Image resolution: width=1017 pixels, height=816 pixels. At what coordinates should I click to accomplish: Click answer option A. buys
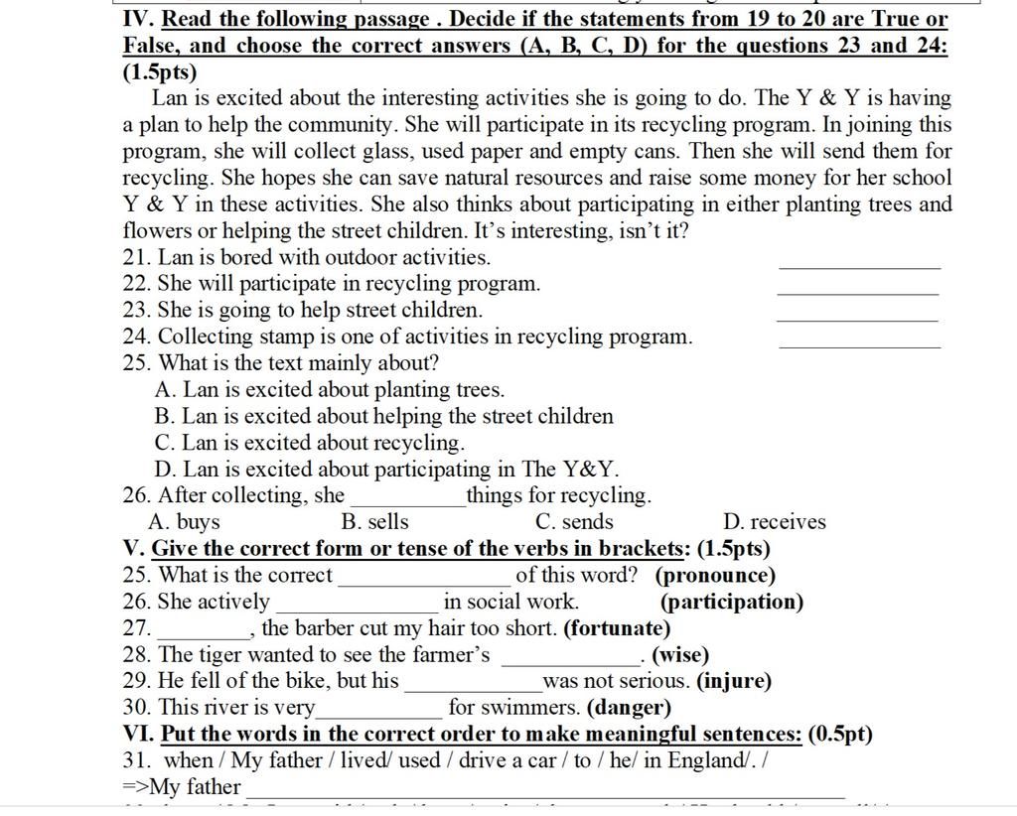pyautogui.click(x=184, y=522)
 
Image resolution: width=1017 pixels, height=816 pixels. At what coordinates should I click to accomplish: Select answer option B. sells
pyautogui.click(x=374, y=522)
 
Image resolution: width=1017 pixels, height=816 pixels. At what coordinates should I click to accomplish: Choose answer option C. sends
pyautogui.click(x=574, y=522)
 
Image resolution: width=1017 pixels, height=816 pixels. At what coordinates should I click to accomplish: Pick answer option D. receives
pyautogui.click(x=775, y=522)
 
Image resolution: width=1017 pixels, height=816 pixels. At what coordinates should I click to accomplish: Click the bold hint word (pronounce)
pyautogui.click(x=715, y=576)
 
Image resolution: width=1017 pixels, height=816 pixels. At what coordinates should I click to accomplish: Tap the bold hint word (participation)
pyautogui.click(x=732, y=602)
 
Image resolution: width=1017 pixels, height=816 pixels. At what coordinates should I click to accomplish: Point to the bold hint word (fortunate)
pyautogui.click(x=617, y=628)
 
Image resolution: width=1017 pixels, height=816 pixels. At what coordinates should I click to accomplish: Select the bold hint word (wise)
pyautogui.click(x=680, y=655)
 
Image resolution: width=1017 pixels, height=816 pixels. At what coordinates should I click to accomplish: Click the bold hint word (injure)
pyautogui.click(x=734, y=681)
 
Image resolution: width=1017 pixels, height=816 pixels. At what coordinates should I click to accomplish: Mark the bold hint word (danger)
pyautogui.click(x=630, y=708)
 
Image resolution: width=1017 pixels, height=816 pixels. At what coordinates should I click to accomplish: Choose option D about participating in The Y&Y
pyautogui.click(x=387, y=470)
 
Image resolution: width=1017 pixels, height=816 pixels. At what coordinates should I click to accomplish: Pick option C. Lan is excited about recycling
pyautogui.click(x=310, y=443)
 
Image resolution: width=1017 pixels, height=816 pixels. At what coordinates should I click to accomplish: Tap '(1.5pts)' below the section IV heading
pyautogui.click(x=160, y=72)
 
